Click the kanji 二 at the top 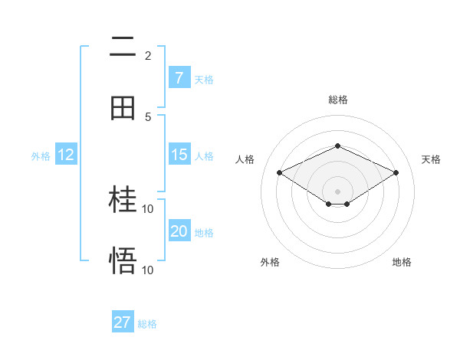point(123,47)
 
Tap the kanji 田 point(123,108)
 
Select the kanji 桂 point(123,201)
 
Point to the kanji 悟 point(123,261)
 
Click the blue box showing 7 point(179,77)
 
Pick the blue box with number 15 point(179,155)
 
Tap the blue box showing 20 point(179,231)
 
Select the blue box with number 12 point(66,155)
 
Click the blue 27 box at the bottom point(123,322)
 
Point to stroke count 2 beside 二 point(148,55)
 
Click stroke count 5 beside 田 point(148,116)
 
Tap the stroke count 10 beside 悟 point(148,270)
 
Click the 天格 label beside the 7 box point(204,79)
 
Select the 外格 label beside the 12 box point(41,156)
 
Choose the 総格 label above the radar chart point(337,100)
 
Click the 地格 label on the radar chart point(402,262)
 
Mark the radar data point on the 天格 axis point(396,172)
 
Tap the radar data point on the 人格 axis point(279,172)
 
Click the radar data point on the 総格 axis point(337,146)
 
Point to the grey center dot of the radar point(337,191)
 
